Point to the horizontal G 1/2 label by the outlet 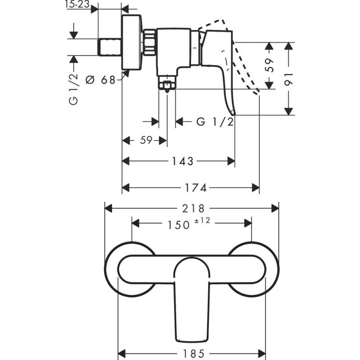pos(215,122)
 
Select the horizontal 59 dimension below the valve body pos(146,140)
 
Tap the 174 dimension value pos(196,188)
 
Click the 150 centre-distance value pos(179,225)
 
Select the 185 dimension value pos(191,353)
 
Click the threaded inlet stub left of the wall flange pos(110,47)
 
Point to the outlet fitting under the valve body pos(167,84)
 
